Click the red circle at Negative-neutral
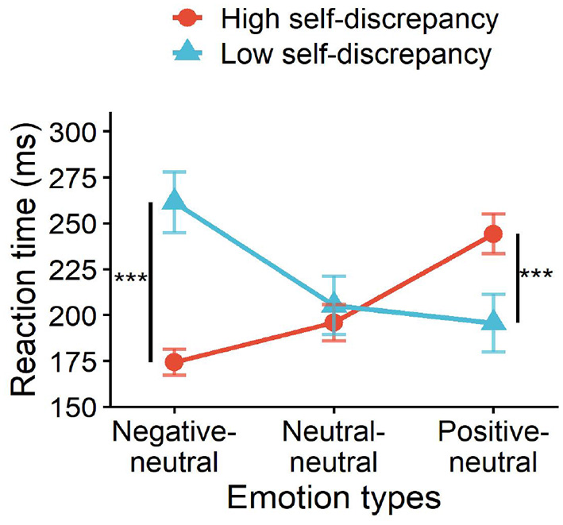174,363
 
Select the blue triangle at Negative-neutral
174,202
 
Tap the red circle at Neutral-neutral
334,322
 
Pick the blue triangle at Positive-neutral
494,321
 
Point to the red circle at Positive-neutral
493,234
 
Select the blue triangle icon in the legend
185,53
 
